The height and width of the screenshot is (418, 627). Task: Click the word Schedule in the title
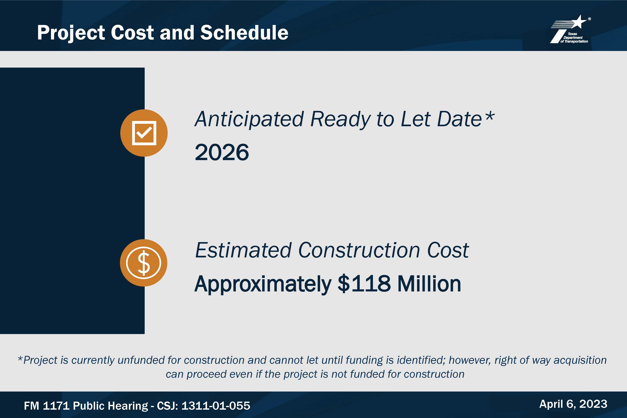pos(244,33)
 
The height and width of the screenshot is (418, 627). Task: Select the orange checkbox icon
pos(144,133)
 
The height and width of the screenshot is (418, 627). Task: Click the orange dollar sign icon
pos(144,263)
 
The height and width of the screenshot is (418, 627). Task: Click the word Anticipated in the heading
pos(249,119)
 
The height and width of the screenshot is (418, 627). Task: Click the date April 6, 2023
pos(573,404)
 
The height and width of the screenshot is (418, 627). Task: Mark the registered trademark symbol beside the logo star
pos(589,19)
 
